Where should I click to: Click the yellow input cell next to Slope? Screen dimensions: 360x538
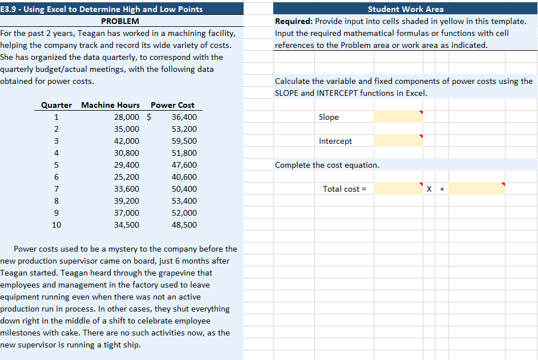398,116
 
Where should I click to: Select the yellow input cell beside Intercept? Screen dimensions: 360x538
398,140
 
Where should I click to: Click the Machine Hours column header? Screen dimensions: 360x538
111,105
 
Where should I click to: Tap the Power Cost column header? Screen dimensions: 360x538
172,105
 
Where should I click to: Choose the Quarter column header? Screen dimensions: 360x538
56,105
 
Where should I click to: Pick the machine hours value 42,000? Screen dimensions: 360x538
127,141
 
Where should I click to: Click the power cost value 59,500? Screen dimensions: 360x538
184,141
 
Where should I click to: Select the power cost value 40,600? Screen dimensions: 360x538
184,177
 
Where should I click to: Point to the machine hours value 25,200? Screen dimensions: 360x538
127,177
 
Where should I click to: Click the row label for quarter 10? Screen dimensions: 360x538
56,225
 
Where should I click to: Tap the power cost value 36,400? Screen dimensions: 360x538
184,117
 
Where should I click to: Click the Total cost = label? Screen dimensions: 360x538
345,189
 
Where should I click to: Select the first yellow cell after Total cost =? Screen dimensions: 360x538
398,188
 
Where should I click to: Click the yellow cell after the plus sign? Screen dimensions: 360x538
476,188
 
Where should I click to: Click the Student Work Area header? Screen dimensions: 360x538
406,9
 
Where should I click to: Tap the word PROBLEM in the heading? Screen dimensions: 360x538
120,21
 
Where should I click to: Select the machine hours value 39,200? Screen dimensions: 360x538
127,201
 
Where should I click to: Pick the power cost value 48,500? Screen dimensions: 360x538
184,225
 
